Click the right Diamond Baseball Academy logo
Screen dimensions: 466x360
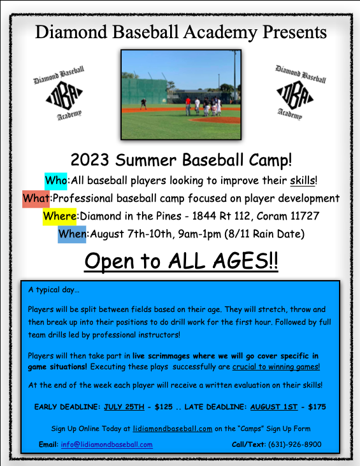300,92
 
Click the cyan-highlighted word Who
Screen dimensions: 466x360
55,180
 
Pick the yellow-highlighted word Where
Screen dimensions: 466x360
59,216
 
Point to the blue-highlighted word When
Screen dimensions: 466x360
71,234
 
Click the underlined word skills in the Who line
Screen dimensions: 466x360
303,180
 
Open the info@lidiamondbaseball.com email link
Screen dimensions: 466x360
107,444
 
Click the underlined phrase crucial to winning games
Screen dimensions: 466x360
276,367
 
